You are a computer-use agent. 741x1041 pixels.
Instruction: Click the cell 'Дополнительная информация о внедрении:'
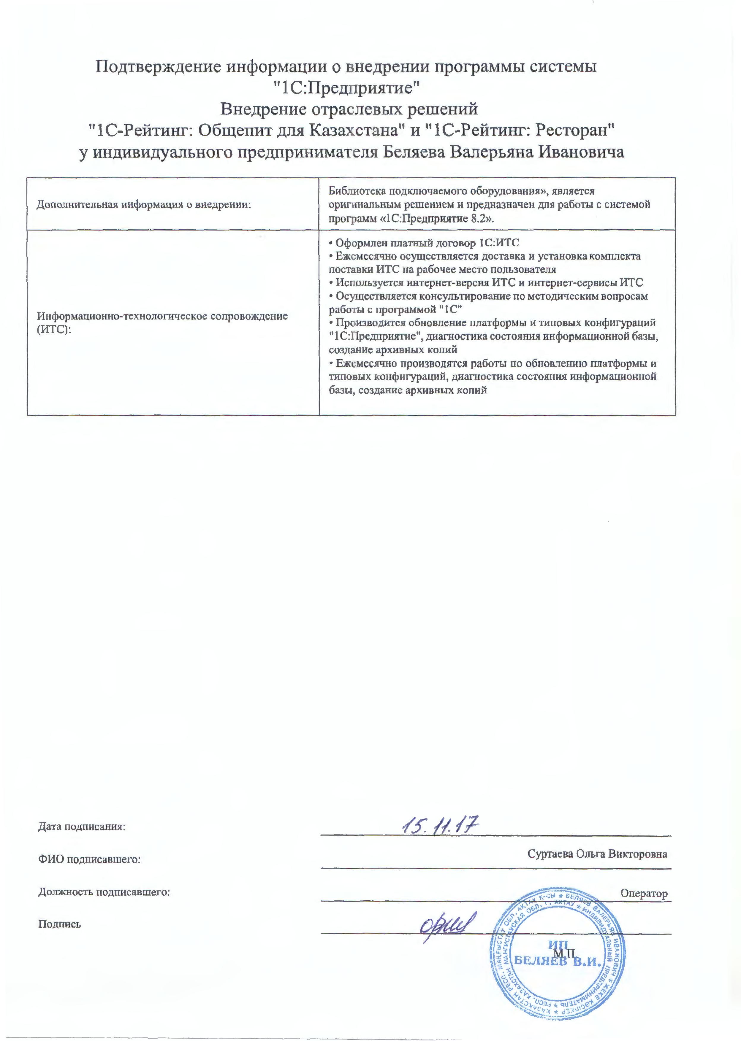click(144, 204)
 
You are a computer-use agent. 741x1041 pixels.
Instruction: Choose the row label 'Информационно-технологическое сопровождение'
click(162, 316)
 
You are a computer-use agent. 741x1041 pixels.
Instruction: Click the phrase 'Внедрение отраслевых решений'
click(349, 109)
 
